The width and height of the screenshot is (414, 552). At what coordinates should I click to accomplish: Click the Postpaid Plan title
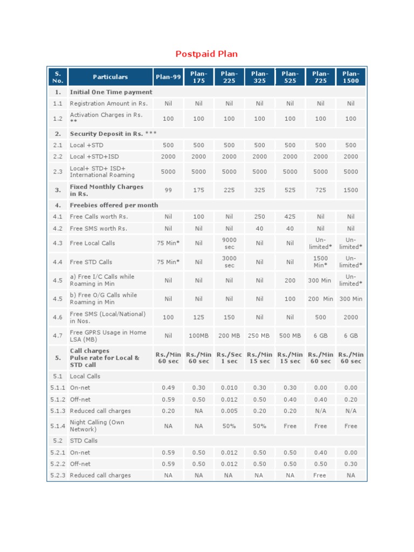(206, 54)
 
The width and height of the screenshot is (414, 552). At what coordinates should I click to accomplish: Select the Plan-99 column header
(168, 77)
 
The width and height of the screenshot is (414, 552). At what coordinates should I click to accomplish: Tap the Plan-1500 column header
(351, 77)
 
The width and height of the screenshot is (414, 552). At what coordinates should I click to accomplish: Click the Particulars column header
(110, 77)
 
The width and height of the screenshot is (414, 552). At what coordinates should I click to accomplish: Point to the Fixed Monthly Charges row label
(106, 190)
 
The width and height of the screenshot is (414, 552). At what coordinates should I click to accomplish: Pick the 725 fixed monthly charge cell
(321, 190)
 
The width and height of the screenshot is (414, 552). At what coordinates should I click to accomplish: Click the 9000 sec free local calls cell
(229, 243)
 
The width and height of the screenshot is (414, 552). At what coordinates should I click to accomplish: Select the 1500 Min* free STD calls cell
(321, 262)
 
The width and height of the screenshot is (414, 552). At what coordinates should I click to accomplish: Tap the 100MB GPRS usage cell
(199, 336)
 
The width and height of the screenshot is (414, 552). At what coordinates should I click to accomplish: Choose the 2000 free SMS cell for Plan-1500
(351, 318)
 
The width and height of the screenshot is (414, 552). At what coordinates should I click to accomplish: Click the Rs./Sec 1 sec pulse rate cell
(229, 358)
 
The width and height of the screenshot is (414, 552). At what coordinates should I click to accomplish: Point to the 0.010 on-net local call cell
(229, 388)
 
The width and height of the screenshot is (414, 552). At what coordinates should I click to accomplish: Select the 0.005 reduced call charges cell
(229, 411)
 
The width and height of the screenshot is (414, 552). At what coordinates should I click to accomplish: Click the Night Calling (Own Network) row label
(97, 426)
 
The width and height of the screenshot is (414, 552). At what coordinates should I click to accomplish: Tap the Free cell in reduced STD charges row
(321, 475)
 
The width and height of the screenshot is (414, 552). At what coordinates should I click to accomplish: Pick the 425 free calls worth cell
(290, 217)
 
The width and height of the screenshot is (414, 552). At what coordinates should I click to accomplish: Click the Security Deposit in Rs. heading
(113, 134)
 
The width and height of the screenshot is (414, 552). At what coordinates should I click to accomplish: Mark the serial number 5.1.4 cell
(58, 426)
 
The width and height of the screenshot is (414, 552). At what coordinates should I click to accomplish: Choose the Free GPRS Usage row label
(108, 336)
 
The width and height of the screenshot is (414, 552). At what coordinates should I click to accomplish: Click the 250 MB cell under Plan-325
(259, 336)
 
